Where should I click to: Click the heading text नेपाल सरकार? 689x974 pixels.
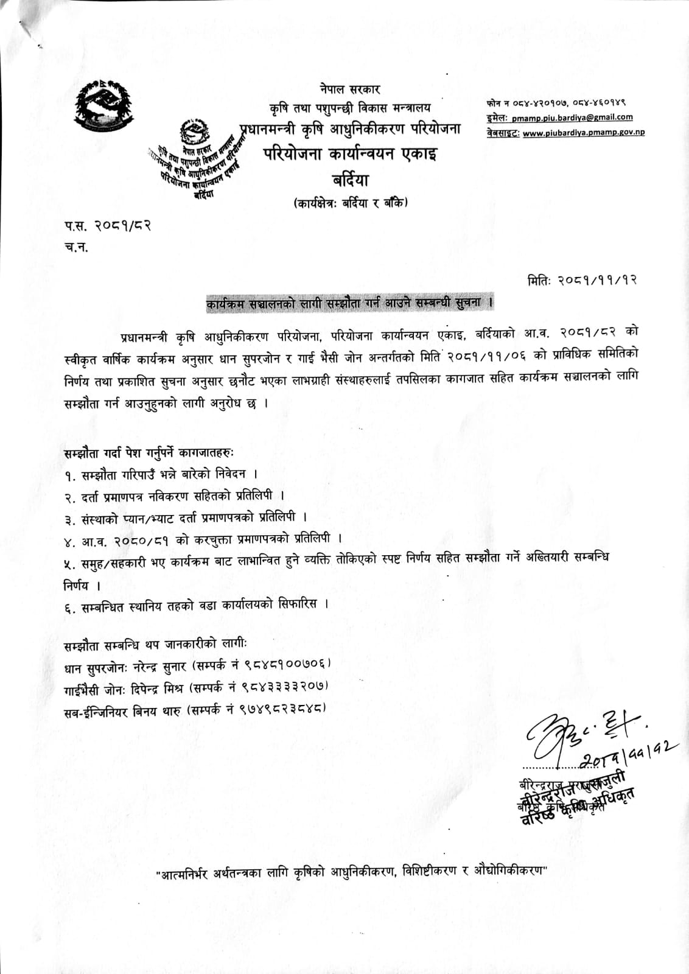[x=350, y=89]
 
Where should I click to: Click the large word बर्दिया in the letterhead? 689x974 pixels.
[x=351, y=180]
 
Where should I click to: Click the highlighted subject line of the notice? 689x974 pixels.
[x=350, y=301]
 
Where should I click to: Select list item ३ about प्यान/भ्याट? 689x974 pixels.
[x=189, y=517]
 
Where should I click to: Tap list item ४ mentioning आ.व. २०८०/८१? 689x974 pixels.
[x=203, y=539]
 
